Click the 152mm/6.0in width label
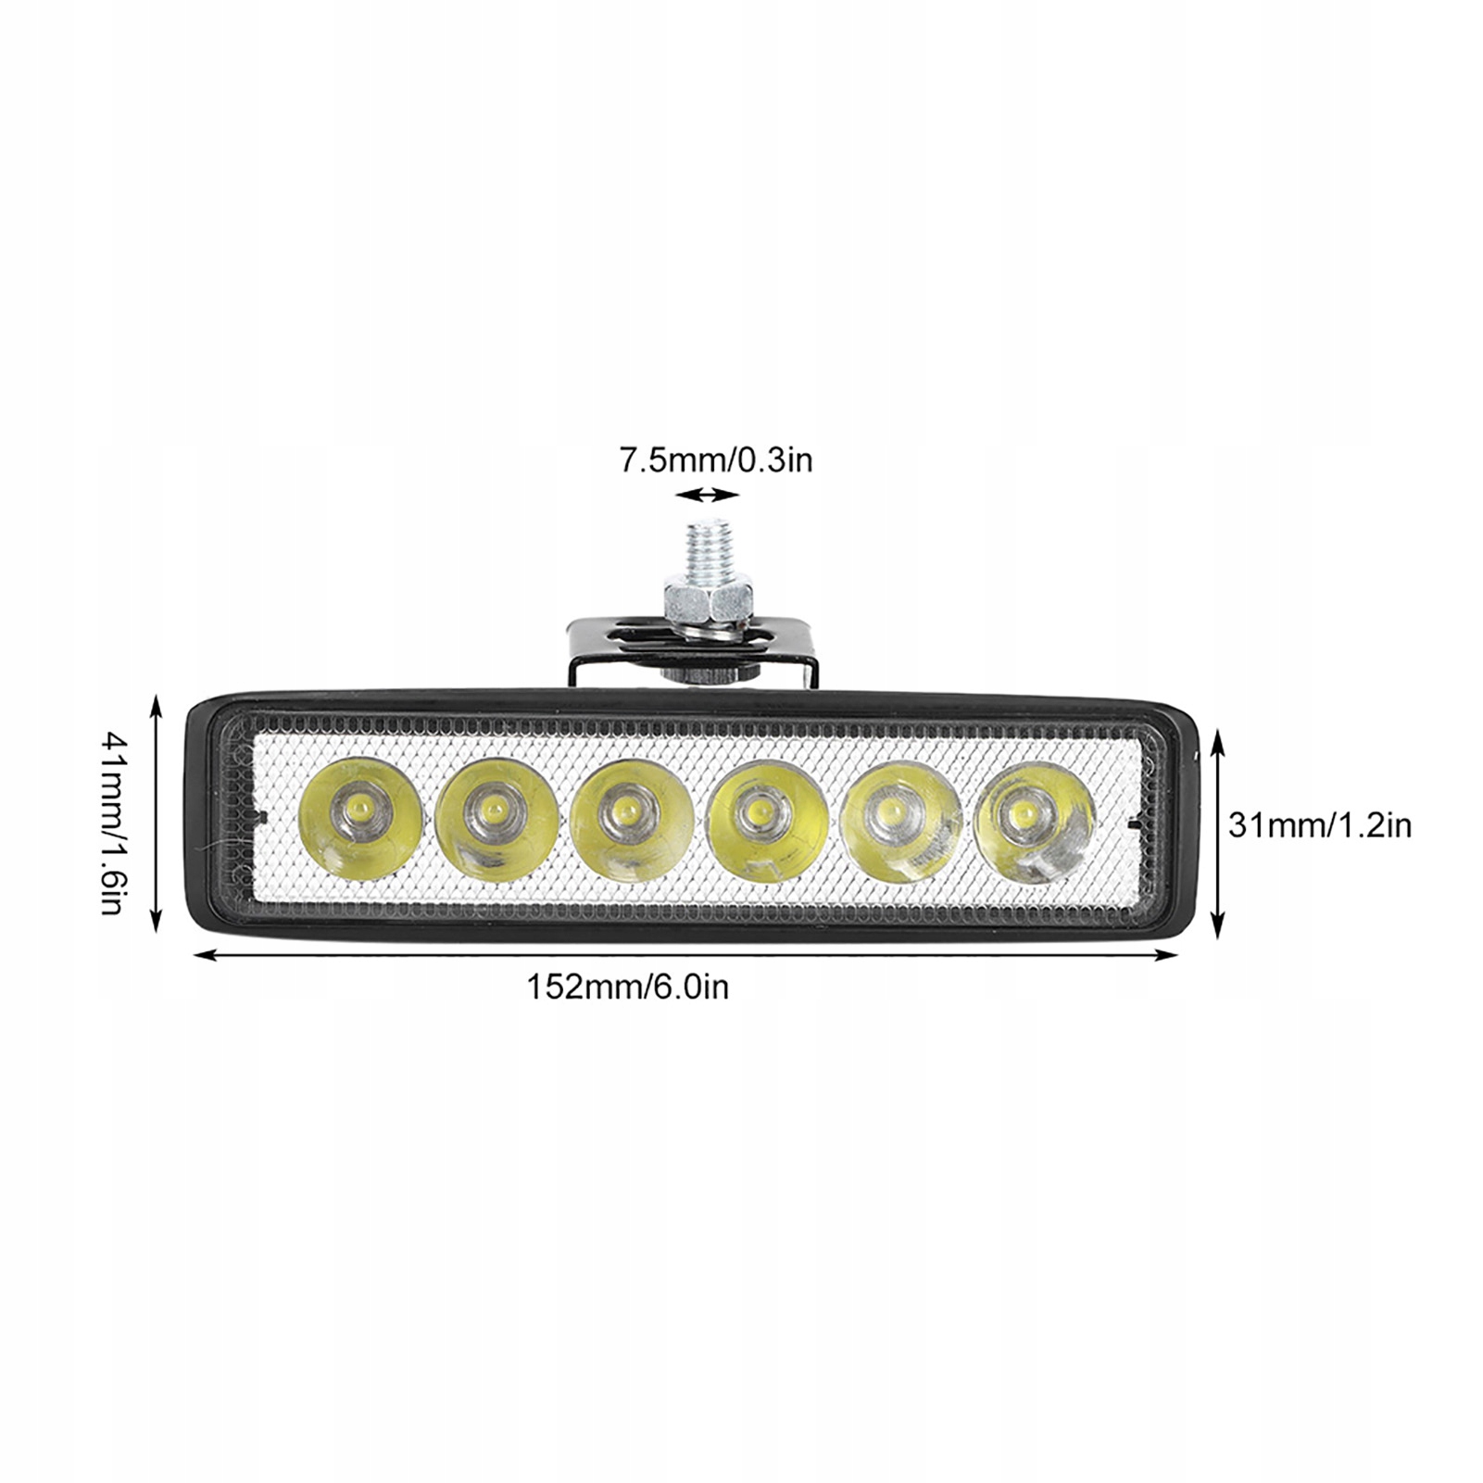pyautogui.click(x=627, y=987)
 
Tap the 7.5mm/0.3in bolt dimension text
pyautogui.click(x=715, y=459)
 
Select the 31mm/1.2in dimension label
pyautogui.click(x=1319, y=824)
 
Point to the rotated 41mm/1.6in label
pyautogui.click(x=111, y=823)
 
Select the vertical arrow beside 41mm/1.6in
pyautogui.click(x=156, y=815)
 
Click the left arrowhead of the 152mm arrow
pyautogui.click(x=200, y=950)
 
